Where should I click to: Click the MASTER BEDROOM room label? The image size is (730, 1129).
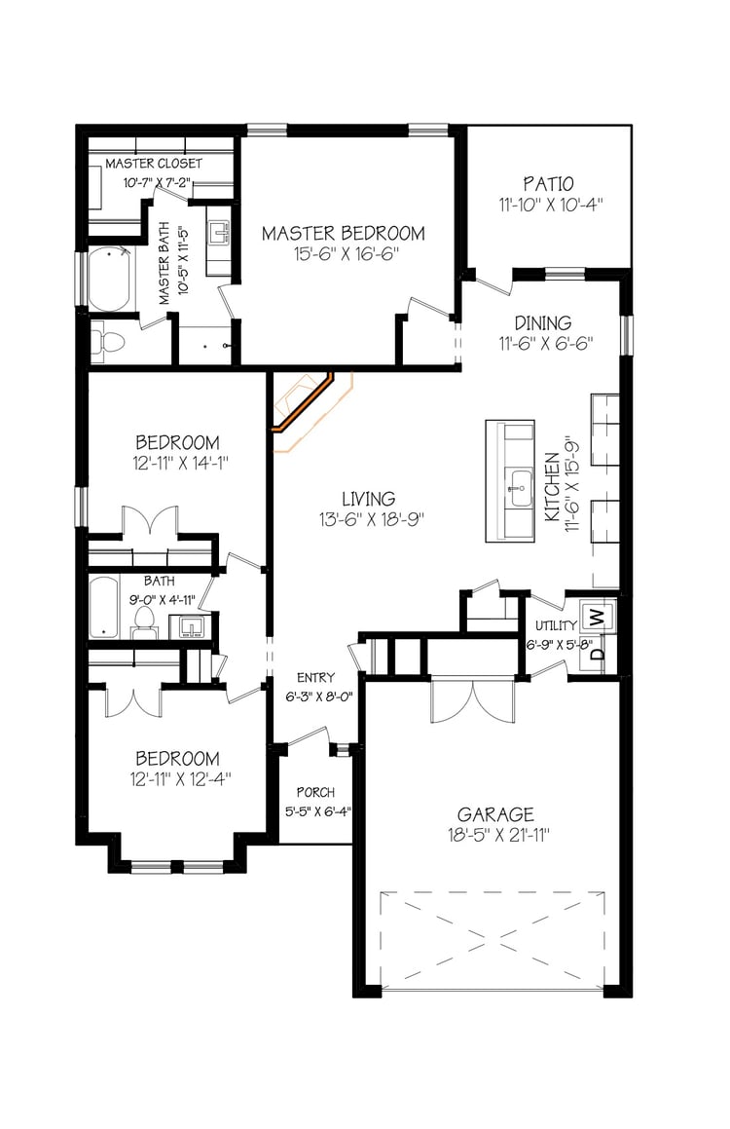pyautogui.click(x=343, y=233)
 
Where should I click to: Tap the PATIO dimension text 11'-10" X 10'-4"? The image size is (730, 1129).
pyautogui.click(x=550, y=205)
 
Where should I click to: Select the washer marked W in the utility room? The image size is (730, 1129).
pyautogui.click(x=597, y=617)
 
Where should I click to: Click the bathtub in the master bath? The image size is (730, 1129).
pyautogui.click(x=110, y=281)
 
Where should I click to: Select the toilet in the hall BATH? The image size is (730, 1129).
pyautogui.click(x=145, y=622)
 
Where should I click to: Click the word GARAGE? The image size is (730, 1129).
pyautogui.click(x=495, y=814)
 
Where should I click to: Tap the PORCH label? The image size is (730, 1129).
pyautogui.click(x=315, y=792)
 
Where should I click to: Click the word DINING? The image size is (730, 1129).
pyautogui.click(x=543, y=323)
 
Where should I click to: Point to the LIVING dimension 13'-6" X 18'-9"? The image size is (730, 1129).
pyautogui.click(x=372, y=519)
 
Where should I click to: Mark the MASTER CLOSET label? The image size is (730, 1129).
pyautogui.click(x=154, y=164)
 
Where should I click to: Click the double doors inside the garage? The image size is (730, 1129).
pyautogui.click(x=472, y=701)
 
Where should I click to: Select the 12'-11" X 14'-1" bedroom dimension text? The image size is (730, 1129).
pyautogui.click(x=180, y=463)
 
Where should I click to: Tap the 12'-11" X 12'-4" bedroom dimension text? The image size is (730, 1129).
pyautogui.click(x=180, y=779)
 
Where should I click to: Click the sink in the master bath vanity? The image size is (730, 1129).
pyautogui.click(x=219, y=233)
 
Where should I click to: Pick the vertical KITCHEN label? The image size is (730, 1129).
pyautogui.click(x=552, y=487)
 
